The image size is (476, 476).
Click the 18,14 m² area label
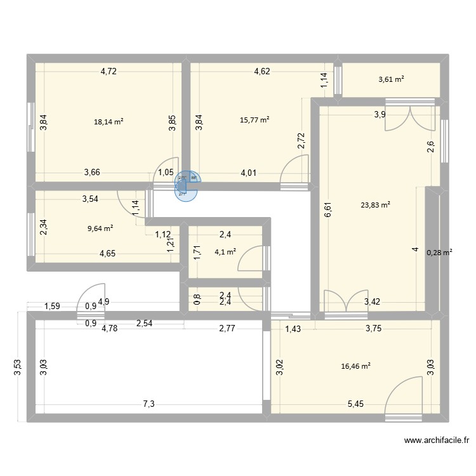pyautogui.click(x=109, y=121)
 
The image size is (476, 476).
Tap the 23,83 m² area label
pyautogui.click(x=376, y=204)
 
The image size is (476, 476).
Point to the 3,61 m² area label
pyautogui.click(x=392, y=79)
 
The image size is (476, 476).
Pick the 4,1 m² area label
pyautogui.click(x=225, y=251)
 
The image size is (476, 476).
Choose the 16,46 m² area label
pyautogui.click(x=355, y=366)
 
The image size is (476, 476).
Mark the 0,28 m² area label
pyautogui.click(x=439, y=253)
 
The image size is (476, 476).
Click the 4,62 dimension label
pyautogui.click(x=262, y=71)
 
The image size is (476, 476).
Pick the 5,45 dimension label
pyautogui.click(x=355, y=404)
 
